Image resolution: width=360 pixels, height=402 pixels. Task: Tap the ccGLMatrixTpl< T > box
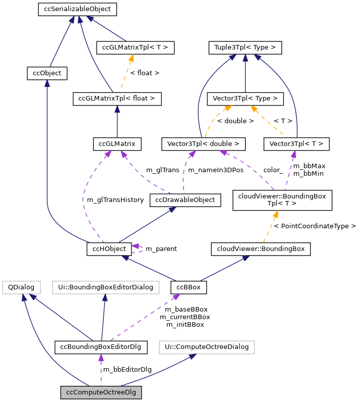point(135,48)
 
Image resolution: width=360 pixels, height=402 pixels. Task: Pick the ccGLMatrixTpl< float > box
point(117,99)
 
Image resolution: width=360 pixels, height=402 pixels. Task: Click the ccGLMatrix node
point(117,144)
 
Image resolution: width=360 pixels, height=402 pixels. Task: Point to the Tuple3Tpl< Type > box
point(245,48)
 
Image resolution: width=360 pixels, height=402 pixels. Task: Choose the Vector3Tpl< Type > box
point(245,99)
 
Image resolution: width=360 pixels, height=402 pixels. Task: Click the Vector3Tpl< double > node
point(203,144)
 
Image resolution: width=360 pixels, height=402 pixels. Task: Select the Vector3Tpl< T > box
point(296,144)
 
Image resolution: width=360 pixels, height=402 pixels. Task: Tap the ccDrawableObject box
point(186,200)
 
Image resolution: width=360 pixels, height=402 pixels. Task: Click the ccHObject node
point(110,248)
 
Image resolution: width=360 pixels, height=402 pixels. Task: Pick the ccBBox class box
point(189,287)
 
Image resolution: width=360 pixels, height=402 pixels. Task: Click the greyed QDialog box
point(21,287)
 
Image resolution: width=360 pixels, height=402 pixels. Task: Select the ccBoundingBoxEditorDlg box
point(101,347)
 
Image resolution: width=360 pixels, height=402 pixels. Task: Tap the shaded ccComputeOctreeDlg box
point(101,392)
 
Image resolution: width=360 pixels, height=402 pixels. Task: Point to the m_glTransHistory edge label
point(115,200)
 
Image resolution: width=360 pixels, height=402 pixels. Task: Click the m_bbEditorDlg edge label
point(127,370)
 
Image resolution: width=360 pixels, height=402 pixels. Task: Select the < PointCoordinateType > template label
point(314,226)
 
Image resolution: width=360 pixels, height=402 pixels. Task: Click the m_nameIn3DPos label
point(215,170)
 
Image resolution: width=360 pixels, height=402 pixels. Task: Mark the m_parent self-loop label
point(161,249)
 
